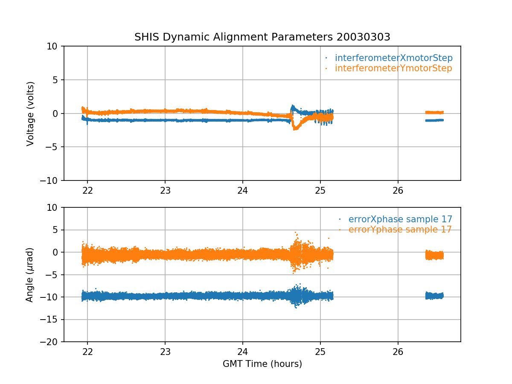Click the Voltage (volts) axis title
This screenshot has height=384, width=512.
point(30,113)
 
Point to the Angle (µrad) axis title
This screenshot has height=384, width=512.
point(29,275)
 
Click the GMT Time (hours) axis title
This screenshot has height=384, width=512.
point(262,364)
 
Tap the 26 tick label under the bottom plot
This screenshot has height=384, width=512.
point(398,351)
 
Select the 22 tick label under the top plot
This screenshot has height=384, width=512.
point(87,189)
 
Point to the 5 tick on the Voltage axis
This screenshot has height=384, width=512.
point(56,80)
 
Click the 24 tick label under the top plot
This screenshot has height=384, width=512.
point(243,189)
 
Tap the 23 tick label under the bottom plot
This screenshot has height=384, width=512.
point(165,351)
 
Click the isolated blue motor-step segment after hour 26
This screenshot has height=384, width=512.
point(434,120)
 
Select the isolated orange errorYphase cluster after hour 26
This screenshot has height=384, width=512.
point(434,255)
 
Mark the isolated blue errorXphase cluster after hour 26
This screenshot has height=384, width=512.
point(434,295)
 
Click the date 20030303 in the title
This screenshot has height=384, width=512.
point(363,37)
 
